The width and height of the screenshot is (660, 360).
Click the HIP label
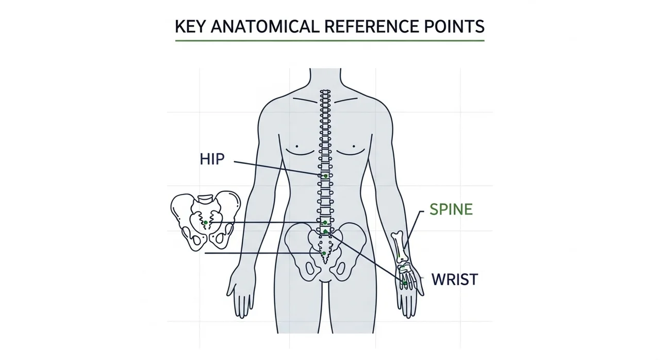click(212, 159)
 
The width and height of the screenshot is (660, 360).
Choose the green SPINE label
click(451, 209)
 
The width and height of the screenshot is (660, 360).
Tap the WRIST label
click(454, 280)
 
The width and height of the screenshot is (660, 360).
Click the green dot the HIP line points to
click(325, 176)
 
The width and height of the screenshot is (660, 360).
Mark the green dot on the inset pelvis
click(206, 222)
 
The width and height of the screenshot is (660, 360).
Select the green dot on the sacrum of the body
click(324, 254)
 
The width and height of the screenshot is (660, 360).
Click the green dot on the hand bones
click(405, 283)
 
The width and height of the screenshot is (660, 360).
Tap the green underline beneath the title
click(329, 40)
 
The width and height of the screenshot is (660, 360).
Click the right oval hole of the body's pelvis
click(340, 269)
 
